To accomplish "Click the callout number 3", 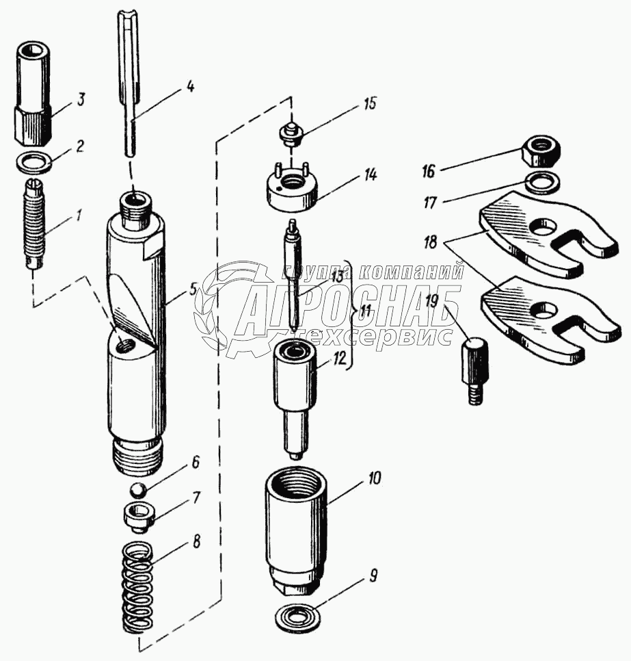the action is click(81, 101).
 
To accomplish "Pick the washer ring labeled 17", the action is click(543, 182).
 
